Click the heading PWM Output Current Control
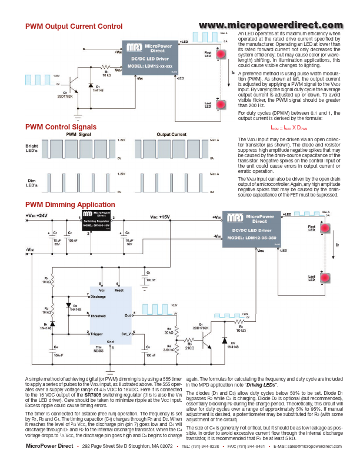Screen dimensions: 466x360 click(74, 26)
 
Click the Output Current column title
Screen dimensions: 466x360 click(171, 135)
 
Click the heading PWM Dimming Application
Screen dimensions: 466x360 click(70, 205)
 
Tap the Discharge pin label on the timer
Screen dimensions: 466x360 click(98, 297)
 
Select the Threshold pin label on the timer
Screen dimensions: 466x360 click(99, 315)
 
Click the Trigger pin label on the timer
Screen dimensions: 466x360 click(96, 334)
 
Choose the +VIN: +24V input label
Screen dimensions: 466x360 click(36, 216)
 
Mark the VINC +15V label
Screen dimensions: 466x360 click(159, 217)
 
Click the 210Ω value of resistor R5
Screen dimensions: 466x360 click(189, 348)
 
